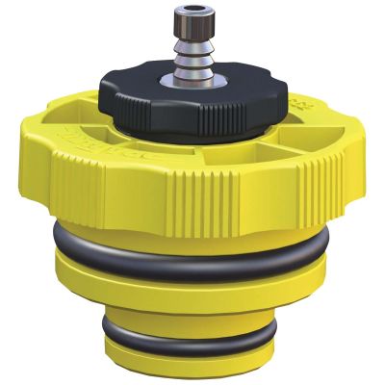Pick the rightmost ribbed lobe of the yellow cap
point(332,164)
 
